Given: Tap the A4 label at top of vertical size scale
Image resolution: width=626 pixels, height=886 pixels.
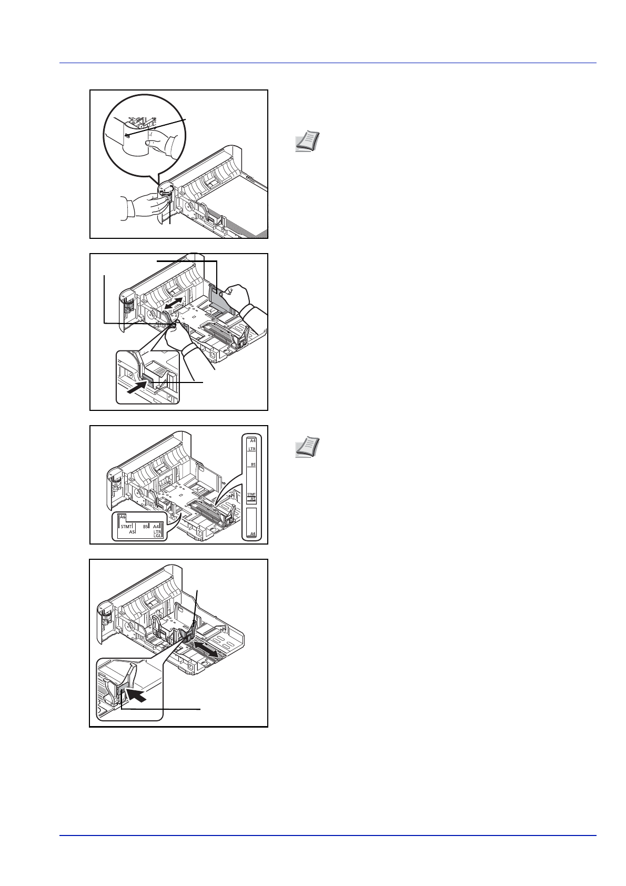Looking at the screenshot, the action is point(253,440).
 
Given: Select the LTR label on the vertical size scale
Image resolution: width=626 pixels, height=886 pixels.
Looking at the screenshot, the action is point(252,449).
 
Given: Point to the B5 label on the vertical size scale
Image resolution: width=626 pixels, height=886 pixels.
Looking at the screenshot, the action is point(253,465).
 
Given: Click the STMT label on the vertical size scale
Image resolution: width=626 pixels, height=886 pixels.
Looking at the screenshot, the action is point(251,495).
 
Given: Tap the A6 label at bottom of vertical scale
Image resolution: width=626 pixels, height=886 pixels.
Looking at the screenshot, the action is point(253,533).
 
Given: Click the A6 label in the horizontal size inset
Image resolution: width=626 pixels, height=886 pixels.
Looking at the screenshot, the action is point(123,517).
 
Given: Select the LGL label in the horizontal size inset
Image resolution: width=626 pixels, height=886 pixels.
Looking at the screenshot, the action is point(157,536).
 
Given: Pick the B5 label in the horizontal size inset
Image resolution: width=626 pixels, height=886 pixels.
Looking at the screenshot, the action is point(146,526).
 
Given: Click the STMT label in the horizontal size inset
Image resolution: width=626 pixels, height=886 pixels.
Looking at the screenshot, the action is point(126,526).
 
